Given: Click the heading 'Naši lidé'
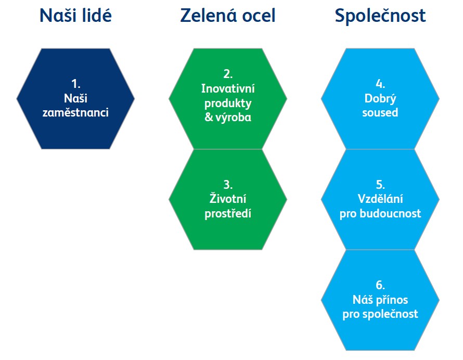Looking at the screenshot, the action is coord(75,16).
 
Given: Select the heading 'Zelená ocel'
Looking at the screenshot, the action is coord(228,16).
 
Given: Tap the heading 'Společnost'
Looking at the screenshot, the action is coord(380,16).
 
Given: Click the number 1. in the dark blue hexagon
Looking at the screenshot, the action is coord(76,84).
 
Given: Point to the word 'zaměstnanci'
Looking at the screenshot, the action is coord(75,112).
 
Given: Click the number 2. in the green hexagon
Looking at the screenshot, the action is coord(228,74).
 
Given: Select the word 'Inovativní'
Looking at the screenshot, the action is coord(228,88).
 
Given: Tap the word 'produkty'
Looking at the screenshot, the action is coord(228,104).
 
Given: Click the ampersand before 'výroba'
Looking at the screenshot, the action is coord(209,117).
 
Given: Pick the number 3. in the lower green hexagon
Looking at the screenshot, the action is coord(228,185).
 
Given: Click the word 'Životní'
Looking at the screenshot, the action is coord(228,198).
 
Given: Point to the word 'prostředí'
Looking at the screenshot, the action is coord(228,214).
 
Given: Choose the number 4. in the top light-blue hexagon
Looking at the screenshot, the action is coord(380,84).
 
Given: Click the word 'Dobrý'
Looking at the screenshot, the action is coord(380,99).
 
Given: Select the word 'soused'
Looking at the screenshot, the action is coord(380,112).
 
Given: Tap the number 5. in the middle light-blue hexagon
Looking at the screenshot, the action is coord(380,185).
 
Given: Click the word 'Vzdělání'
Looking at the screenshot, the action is coord(380,199).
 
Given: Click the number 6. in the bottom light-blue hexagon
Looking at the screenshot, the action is coord(380,285).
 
